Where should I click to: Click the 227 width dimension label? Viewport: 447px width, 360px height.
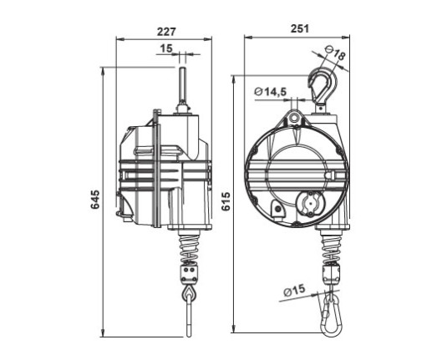click(x=167, y=32)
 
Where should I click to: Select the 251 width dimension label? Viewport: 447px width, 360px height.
click(x=300, y=28)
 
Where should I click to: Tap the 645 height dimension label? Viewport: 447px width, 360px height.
click(x=95, y=200)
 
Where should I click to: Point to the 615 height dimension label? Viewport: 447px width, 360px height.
click(x=226, y=201)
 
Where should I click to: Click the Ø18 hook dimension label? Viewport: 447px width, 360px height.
click(x=335, y=53)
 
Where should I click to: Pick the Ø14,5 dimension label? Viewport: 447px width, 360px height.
click(x=271, y=92)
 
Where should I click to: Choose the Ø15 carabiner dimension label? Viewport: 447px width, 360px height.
click(x=294, y=291)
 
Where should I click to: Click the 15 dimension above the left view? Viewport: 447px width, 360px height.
click(x=166, y=48)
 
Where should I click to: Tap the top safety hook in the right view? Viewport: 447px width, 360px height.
click(x=323, y=85)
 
